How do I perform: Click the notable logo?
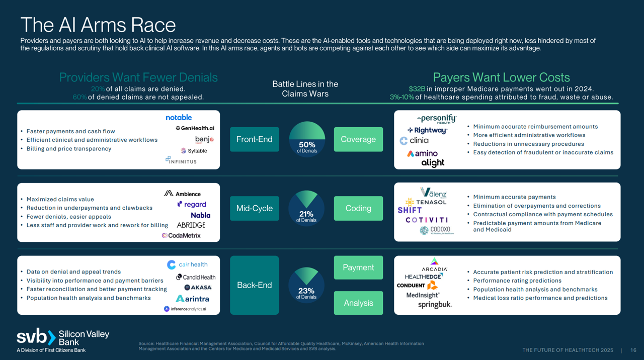(179, 118)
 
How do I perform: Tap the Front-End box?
(254, 139)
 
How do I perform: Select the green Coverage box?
(358, 139)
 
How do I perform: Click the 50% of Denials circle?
(307, 139)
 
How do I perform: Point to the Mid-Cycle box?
(254, 208)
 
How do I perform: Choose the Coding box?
(358, 208)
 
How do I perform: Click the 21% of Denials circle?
(306, 208)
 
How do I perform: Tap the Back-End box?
(254, 285)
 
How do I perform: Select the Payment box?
(358, 267)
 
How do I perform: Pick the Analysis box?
(358, 303)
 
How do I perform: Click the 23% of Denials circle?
(306, 285)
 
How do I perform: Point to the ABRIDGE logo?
(191, 225)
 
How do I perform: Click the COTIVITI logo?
(426, 220)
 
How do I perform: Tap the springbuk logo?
(435, 305)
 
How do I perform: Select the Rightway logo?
(427, 130)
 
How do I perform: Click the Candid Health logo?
(196, 277)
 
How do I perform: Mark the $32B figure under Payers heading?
(417, 89)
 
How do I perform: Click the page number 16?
(633, 350)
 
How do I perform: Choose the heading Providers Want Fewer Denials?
(138, 77)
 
